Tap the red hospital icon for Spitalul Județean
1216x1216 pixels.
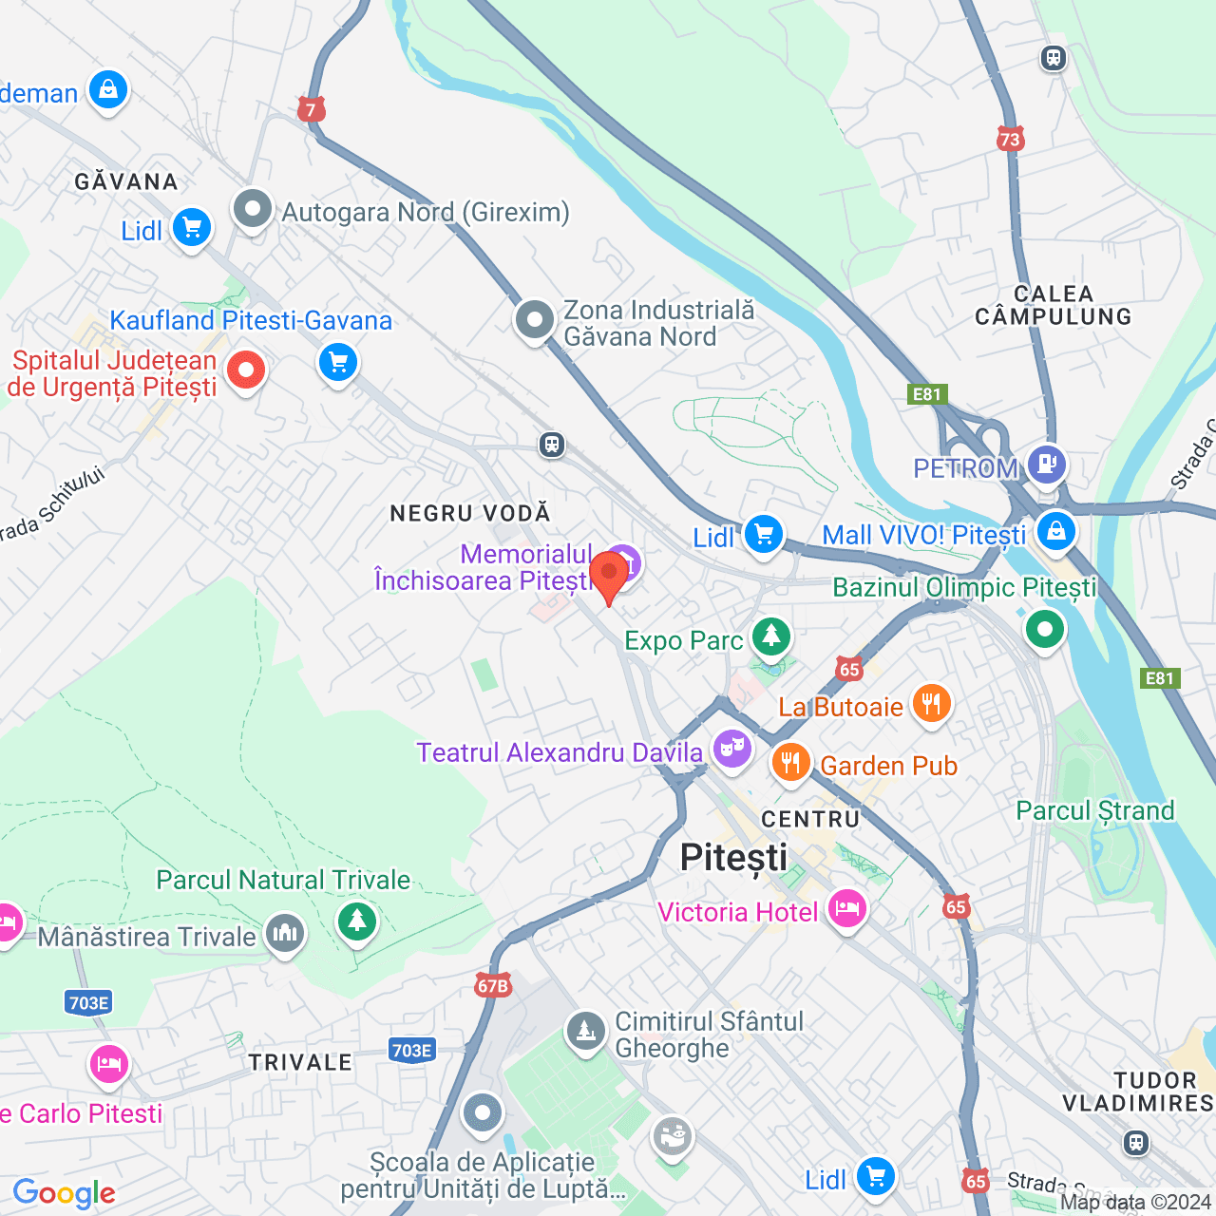coord(246,370)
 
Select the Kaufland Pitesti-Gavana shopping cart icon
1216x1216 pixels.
coord(337,362)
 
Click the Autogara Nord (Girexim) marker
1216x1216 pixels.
coord(253,209)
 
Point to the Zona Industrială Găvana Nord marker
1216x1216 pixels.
coord(535,320)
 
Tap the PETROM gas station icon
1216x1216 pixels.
coord(1046,465)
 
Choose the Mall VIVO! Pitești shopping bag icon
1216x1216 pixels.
coord(1055,531)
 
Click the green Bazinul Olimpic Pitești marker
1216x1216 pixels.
coord(1044,629)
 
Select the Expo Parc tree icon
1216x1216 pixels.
coord(770,636)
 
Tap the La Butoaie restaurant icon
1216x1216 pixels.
coord(931,704)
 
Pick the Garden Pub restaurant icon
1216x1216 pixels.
coord(790,762)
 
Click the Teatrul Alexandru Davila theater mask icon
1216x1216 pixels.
coord(731,749)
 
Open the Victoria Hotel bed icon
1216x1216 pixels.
coord(846,908)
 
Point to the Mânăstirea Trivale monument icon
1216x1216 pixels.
coord(285,933)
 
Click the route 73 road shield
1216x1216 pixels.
coord(1010,140)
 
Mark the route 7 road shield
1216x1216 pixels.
coord(311,109)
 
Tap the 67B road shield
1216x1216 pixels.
coord(493,986)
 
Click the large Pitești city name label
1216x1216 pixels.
coord(733,858)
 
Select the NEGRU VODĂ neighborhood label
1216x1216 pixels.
coord(470,513)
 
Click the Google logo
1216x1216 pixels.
coord(65,1193)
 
